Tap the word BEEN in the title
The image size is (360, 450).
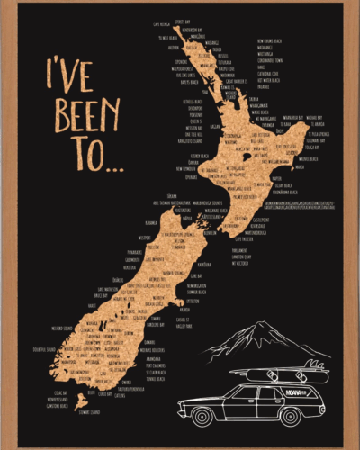click(86, 116)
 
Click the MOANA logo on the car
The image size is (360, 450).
click(298, 392)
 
